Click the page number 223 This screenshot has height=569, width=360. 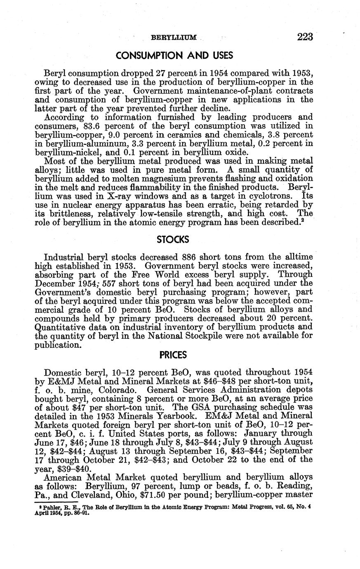[x=305, y=37]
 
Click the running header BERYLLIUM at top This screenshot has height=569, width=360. [x=174, y=38]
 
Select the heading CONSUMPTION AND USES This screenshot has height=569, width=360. [x=174, y=56]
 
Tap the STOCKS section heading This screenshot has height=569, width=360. [x=173, y=239]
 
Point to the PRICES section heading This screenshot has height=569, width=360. [x=173, y=355]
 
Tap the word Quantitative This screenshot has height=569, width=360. [x=61, y=328]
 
